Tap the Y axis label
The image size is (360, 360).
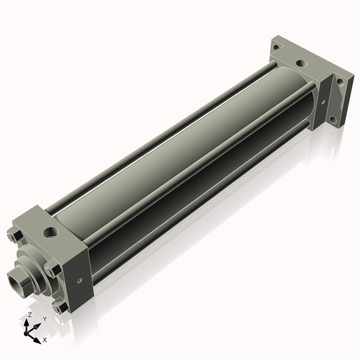[44, 318]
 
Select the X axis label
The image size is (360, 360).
[45, 338]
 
